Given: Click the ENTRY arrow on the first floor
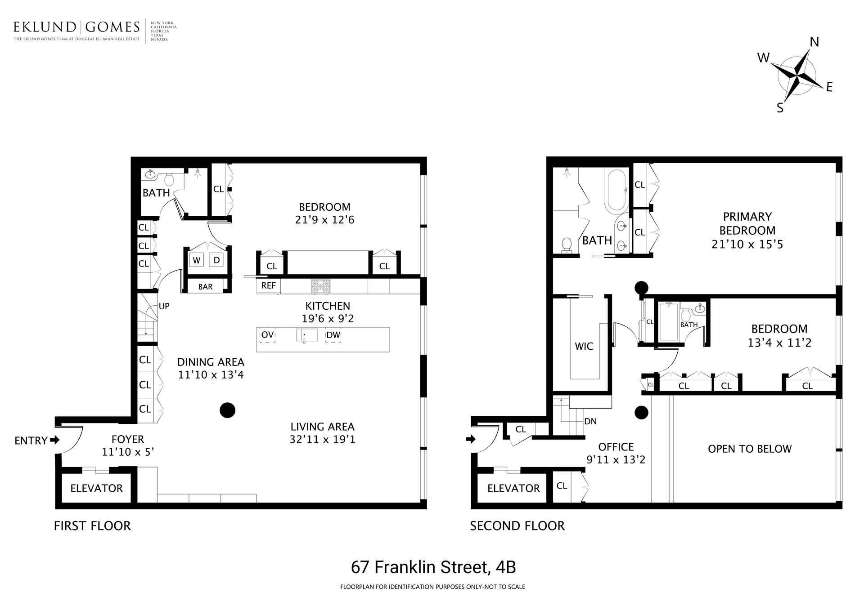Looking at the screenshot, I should coord(54,440).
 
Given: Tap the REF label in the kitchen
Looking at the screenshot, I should coord(268,286).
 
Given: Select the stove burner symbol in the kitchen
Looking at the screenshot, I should coord(320,286).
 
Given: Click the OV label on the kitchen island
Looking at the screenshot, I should coord(267,335).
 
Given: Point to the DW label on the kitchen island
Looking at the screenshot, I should coord(333,335).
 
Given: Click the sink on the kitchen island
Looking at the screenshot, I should coord(306,335).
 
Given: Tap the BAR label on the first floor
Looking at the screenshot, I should coord(205,287).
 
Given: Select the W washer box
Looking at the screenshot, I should coord(197,260).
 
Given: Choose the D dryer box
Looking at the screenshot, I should coord(216,260).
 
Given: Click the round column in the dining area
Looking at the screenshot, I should coord(227,410).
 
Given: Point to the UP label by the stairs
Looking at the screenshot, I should coord(164,307).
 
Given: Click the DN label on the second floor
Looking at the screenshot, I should coord(590,422).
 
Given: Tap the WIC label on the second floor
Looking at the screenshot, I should coord(584,347).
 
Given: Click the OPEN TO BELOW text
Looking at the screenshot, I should coord(749,449).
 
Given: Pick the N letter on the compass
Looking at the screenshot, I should coord(814,42).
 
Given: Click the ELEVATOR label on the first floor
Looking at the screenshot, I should coord(96,489).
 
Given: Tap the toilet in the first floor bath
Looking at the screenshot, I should coord(169,180).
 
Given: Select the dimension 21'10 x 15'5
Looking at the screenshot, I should coord(747,245).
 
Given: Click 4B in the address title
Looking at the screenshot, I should coord(505,567).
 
